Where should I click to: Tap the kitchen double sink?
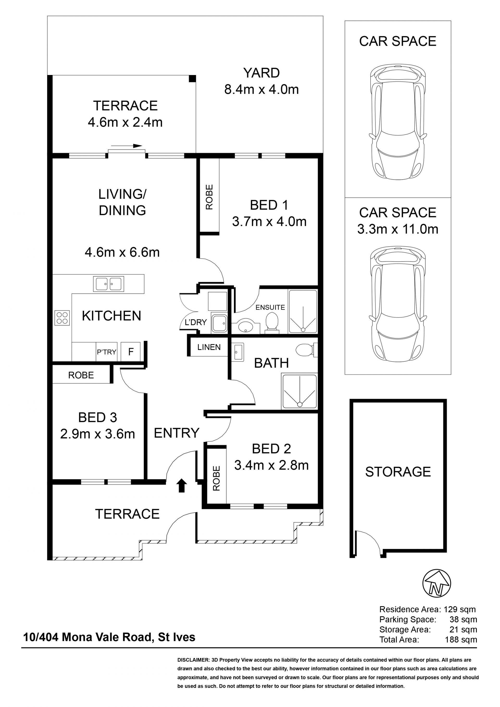coord(108,284)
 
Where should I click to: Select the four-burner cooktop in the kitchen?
coord(62,318)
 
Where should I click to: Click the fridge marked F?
coord(130,351)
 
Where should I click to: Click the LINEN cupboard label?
coord(209,347)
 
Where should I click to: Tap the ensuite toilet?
coord(272,323)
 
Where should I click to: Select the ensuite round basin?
coord(246,326)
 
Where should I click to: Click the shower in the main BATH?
coord(299,391)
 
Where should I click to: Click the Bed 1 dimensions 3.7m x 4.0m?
coord(269,221)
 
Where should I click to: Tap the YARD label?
coord(261,73)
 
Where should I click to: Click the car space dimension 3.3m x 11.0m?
coord(397,229)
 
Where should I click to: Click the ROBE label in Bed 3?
coord(81,375)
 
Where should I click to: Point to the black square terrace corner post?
coord(192,78)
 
